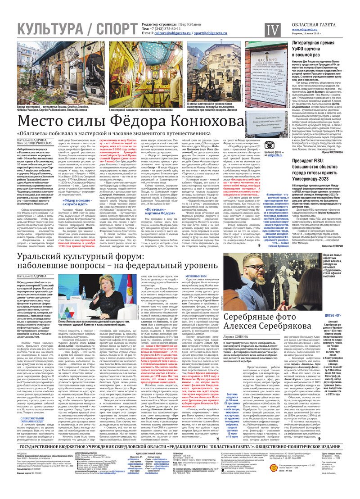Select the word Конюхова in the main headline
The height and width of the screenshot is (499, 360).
pos(190,122)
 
